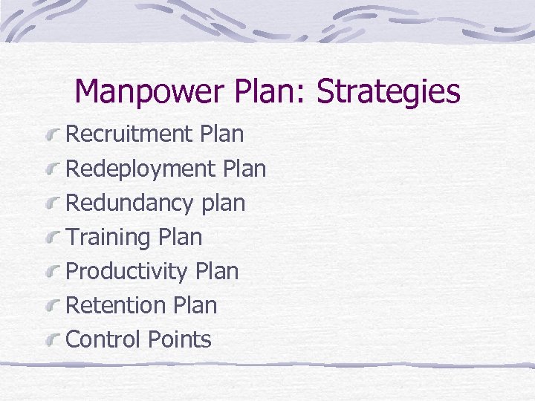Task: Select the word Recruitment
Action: pyautogui.click(x=129, y=134)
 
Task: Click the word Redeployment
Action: pyautogui.click(x=140, y=169)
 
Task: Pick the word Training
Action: pyautogui.click(x=108, y=238)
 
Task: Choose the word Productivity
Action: pyautogui.click(x=127, y=272)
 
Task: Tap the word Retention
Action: pyautogui.click(x=116, y=305)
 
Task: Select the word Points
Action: pyautogui.click(x=180, y=339)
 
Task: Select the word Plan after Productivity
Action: pyautogui.click(x=216, y=272)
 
